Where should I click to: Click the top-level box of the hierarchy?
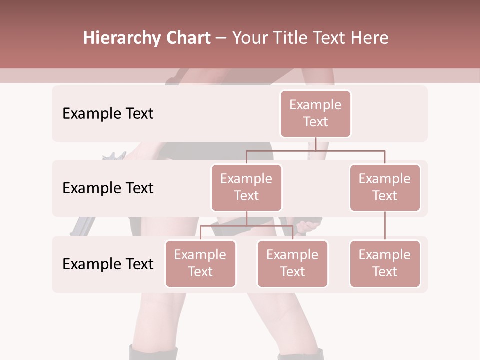tap(315, 113)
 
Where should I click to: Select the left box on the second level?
tap(246, 187)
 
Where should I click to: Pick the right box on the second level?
tap(385, 187)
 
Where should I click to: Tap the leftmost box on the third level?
tap(200, 263)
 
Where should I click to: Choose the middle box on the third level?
tap(292, 263)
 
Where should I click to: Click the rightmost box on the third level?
tap(385, 263)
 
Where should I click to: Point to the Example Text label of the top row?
tap(108, 113)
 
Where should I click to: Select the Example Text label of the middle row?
tap(108, 188)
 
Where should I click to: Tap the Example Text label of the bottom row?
tap(108, 264)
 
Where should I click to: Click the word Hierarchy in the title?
tap(121, 38)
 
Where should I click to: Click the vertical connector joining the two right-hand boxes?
tap(385, 226)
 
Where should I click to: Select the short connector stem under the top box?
tap(316, 143)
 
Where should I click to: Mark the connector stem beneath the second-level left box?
tap(246, 218)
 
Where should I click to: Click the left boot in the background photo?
tap(153, 352)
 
